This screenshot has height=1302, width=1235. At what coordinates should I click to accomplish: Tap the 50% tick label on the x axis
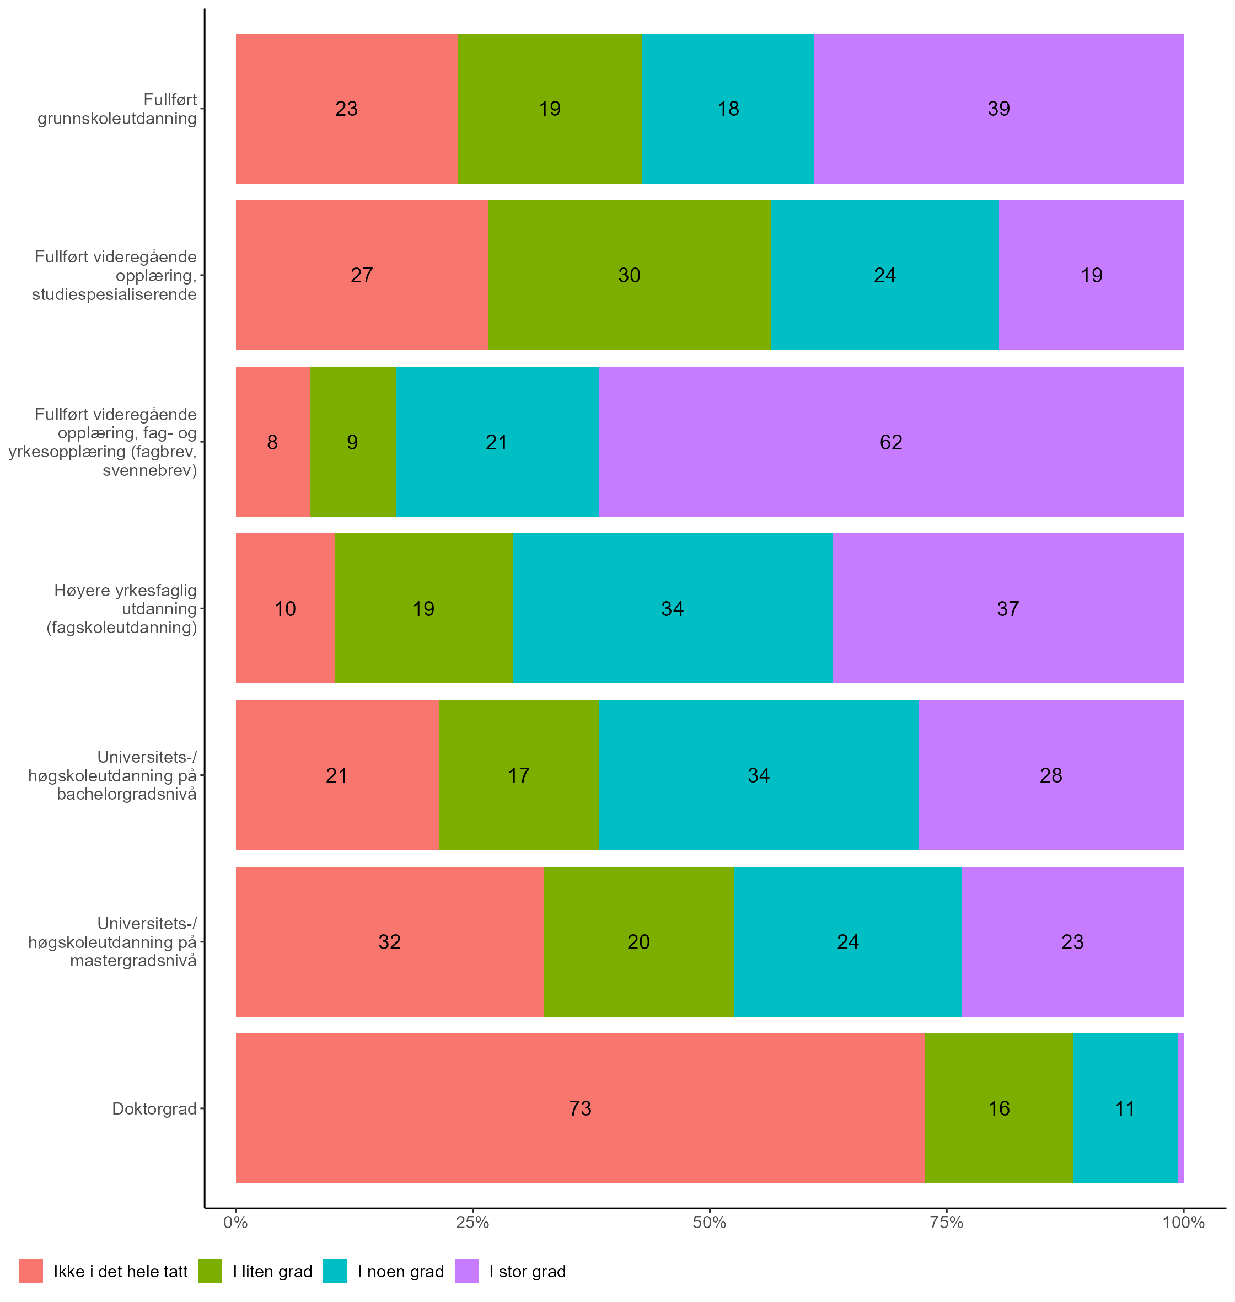709,1223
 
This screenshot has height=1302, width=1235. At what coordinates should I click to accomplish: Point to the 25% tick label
472,1223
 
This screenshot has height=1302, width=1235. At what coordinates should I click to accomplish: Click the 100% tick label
1183,1223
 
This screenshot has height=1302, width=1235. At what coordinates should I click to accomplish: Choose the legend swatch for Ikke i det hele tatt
31,1271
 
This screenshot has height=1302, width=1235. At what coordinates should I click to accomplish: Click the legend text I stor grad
527,1272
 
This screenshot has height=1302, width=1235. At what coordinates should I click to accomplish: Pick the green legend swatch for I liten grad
210,1271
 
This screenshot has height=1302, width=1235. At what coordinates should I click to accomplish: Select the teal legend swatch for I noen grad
335,1271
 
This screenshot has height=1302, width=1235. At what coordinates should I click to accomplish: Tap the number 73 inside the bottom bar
580,1108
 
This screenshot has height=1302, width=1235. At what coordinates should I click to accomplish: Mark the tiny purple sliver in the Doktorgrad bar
1180,1108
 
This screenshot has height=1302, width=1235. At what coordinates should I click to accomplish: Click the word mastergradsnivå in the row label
133,960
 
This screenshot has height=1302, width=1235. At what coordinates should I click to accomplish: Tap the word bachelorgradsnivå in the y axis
126,794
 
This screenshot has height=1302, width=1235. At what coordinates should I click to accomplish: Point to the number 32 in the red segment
389,942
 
